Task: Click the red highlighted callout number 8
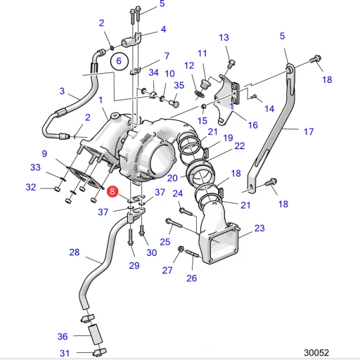click(112, 191)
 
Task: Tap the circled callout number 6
click(120, 61)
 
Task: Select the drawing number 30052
click(316, 352)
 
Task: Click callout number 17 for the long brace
click(309, 131)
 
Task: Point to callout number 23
click(259, 228)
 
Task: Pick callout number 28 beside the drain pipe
click(75, 252)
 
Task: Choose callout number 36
click(63, 337)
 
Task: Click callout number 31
click(65, 353)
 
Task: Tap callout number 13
click(224, 37)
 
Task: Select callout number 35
click(179, 85)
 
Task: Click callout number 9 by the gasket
click(44, 154)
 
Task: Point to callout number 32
click(31, 187)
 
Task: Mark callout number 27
click(167, 270)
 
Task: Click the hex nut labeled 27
click(181, 249)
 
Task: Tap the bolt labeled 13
click(231, 63)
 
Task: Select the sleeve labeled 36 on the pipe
click(96, 335)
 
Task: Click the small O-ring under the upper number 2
click(112, 49)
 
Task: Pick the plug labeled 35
click(174, 103)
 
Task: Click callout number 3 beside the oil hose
click(62, 91)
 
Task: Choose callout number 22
click(240, 146)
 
